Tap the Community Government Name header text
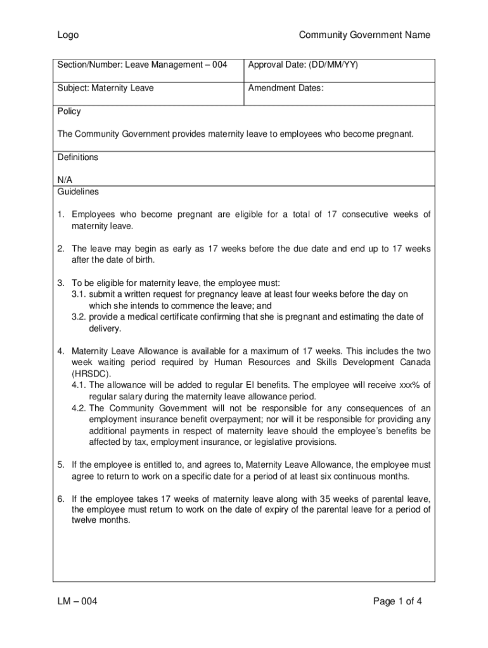tap(364, 35)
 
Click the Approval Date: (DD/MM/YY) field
tap(303, 65)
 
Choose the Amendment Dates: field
tap(286, 88)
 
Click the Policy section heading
tap(69, 111)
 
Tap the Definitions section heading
tap(78, 157)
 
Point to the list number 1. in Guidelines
tap(61, 215)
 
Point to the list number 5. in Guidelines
tap(61, 465)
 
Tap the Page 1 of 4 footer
tap(397, 601)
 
